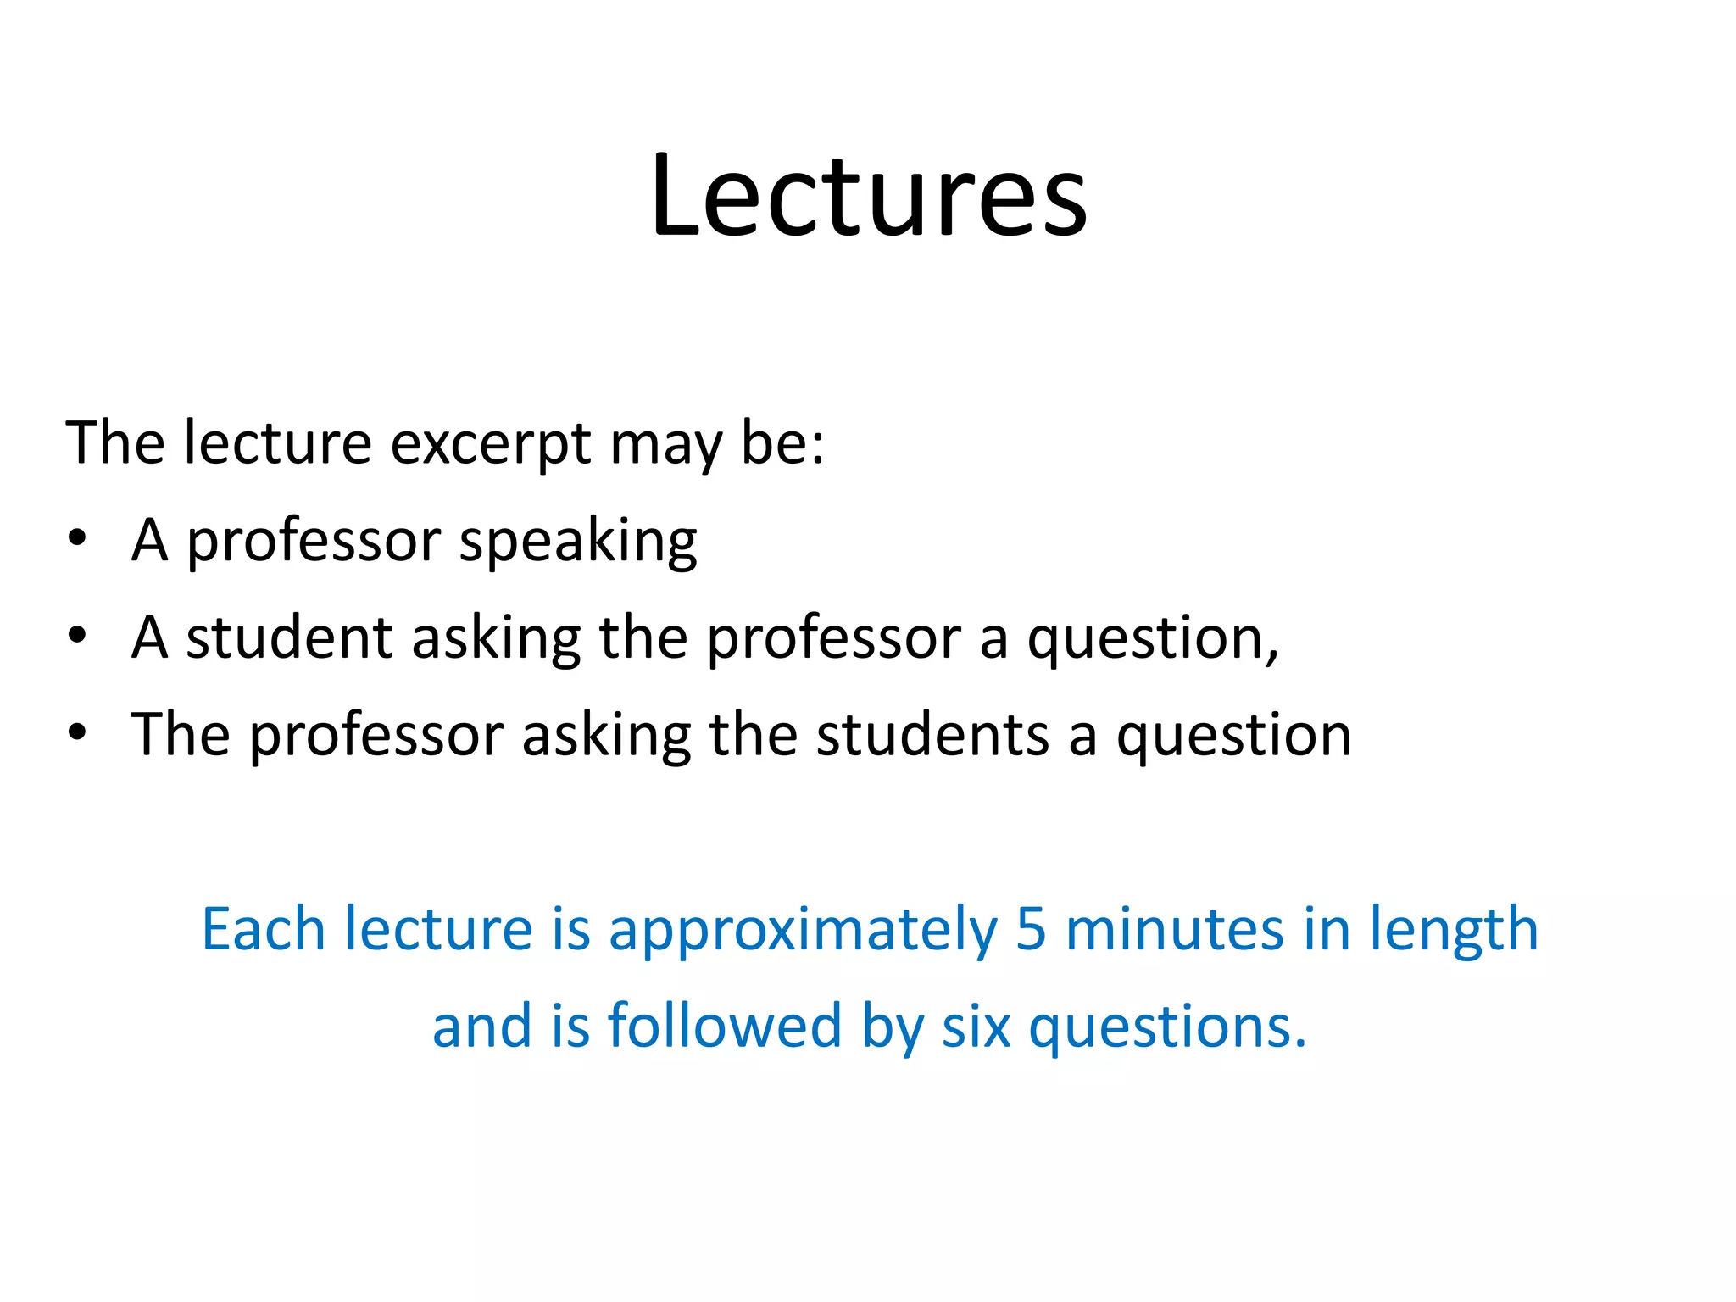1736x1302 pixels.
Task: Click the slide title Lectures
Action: [x=868, y=197]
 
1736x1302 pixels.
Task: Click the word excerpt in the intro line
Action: [x=490, y=444]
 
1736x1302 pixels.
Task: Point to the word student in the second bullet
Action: [x=289, y=637]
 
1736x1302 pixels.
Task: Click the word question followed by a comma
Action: [x=1152, y=640]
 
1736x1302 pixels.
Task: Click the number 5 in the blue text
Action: [x=1030, y=930]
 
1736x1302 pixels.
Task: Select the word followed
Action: [x=724, y=1027]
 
